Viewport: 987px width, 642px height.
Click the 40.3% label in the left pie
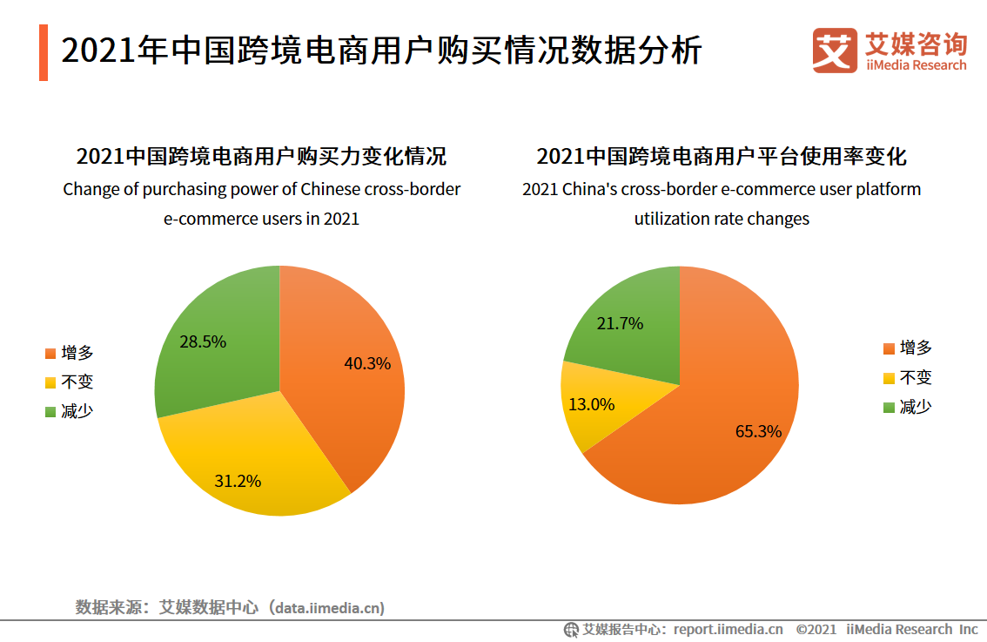point(367,363)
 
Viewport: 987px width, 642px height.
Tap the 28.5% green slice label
point(203,341)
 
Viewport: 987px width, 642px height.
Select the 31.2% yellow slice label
point(238,480)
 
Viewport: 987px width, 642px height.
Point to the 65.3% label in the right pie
point(758,430)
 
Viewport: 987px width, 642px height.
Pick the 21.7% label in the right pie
point(620,323)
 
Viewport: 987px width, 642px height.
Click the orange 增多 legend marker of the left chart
point(50,354)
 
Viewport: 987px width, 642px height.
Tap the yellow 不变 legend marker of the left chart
point(50,382)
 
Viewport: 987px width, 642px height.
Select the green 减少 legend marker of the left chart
point(50,411)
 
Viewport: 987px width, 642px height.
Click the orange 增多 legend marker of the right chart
point(889,348)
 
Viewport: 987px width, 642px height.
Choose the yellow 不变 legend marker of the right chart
point(889,378)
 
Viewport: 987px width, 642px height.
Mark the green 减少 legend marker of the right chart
point(889,407)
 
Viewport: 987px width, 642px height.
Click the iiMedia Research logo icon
point(834,50)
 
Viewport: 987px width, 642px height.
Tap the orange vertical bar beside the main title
point(44,52)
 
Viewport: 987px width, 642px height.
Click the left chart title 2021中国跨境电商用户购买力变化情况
point(261,157)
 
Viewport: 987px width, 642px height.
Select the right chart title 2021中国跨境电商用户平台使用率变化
point(722,157)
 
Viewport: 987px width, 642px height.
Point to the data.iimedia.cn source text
point(328,607)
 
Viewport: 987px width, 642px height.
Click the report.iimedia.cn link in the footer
point(728,629)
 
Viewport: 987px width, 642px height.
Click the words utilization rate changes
point(722,219)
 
